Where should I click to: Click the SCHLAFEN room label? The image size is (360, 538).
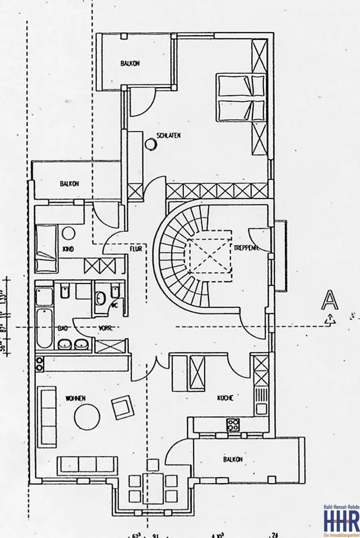point(168,136)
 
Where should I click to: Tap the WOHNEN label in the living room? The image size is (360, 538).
point(76,398)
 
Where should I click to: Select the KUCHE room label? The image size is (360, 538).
point(225,398)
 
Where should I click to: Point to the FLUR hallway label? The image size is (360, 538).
point(135,249)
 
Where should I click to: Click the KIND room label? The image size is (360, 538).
point(68,249)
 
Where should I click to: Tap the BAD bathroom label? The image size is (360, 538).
point(63,328)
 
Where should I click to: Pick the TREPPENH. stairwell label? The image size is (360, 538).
point(247,248)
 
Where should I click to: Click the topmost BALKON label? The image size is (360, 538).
point(131,63)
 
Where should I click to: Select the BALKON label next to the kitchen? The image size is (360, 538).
point(232,459)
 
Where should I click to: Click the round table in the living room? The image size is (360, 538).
point(86,417)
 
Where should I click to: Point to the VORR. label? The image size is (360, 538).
point(105,328)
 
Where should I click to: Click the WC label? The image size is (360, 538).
point(114,304)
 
